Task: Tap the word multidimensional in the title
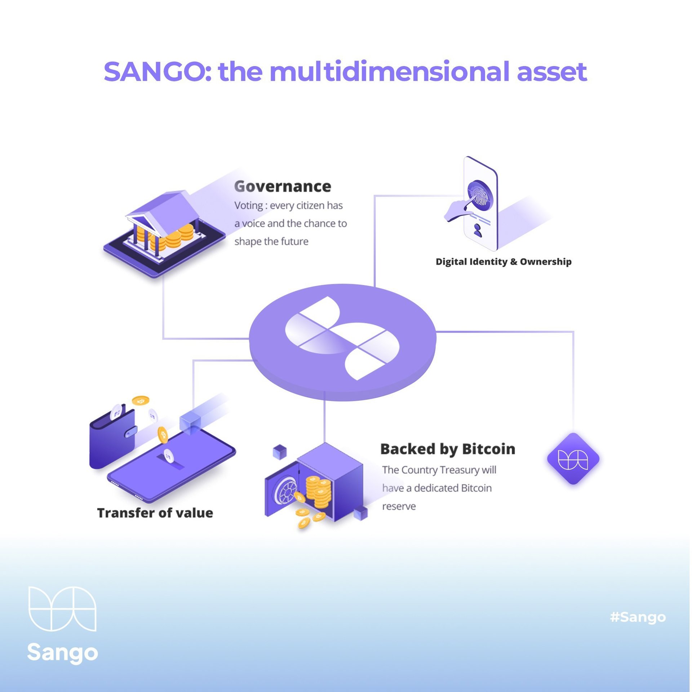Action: coord(389,71)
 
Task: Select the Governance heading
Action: coord(283,186)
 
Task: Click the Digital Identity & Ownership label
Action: coord(504,262)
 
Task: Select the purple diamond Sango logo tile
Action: coord(573,459)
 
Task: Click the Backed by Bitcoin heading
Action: coord(448,449)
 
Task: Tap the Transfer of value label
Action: coord(155,513)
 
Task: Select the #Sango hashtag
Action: coord(638,617)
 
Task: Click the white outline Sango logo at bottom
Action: coord(62,609)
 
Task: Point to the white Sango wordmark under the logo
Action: coord(62,653)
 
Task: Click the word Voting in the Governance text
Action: coord(249,205)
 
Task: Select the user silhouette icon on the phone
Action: coord(478,230)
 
